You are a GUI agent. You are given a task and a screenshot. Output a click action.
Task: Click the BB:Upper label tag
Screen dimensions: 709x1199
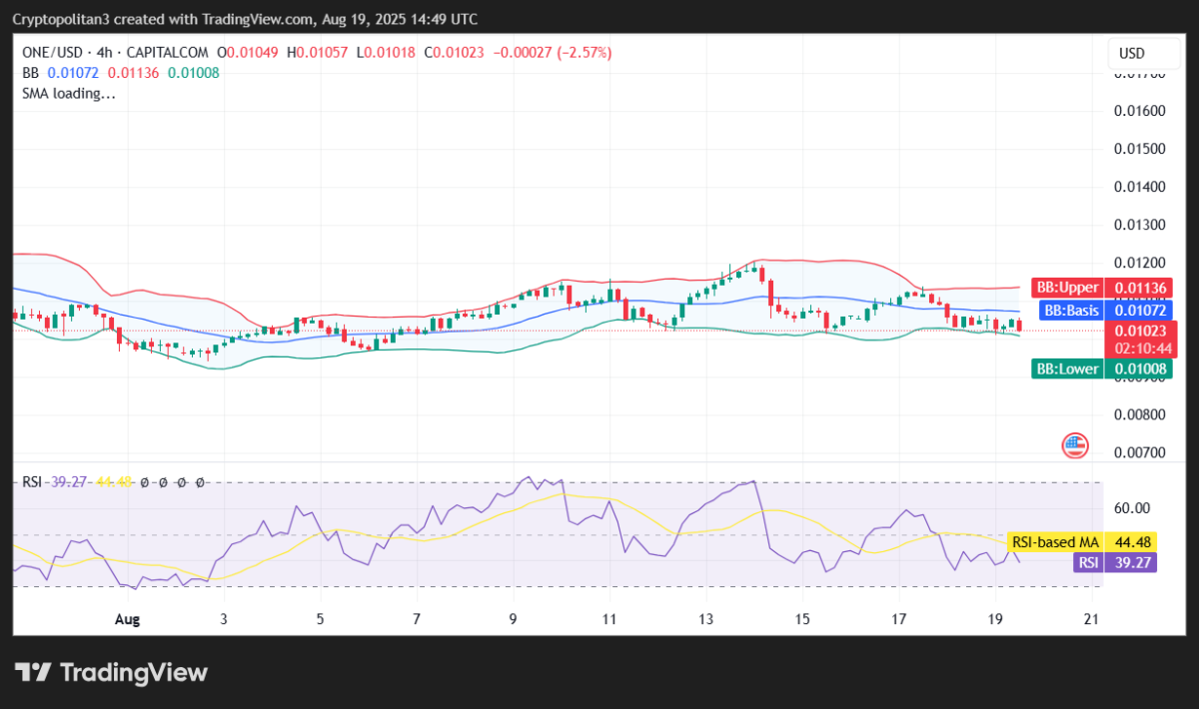(1065, 289)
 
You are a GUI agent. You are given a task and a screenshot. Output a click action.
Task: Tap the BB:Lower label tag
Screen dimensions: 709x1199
(1066, 369)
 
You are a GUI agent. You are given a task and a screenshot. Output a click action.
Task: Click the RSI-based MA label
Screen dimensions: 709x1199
(1055, 542)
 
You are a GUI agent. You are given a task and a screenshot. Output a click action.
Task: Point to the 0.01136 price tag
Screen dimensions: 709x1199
(1140, 289)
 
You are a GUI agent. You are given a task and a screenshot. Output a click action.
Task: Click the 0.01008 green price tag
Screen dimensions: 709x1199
(1140, 369)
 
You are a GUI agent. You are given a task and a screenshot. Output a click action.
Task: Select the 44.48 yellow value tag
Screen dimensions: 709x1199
(1134, 542)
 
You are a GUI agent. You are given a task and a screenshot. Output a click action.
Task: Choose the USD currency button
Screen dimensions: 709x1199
(1131, 53)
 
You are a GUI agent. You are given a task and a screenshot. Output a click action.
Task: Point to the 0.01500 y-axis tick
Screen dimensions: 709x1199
(1140, 149)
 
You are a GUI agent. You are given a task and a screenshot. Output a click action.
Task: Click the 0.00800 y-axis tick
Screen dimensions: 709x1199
(1140, 414)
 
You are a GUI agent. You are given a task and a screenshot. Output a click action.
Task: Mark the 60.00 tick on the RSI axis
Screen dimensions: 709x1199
(1132, 507)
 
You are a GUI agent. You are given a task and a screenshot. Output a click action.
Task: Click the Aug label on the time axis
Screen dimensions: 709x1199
(127, 619)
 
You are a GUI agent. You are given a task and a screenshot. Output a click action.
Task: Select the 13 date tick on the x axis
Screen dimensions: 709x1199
(706, 619)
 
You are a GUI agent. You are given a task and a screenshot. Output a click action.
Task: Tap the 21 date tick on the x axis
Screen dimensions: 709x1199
(1091, 619)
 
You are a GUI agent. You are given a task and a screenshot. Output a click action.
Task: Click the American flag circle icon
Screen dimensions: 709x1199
(1075, 445)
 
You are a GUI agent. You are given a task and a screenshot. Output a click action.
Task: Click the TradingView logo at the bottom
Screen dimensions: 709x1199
(111, 672)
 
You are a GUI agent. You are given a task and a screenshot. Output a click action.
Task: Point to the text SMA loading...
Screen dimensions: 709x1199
(69, 94)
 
